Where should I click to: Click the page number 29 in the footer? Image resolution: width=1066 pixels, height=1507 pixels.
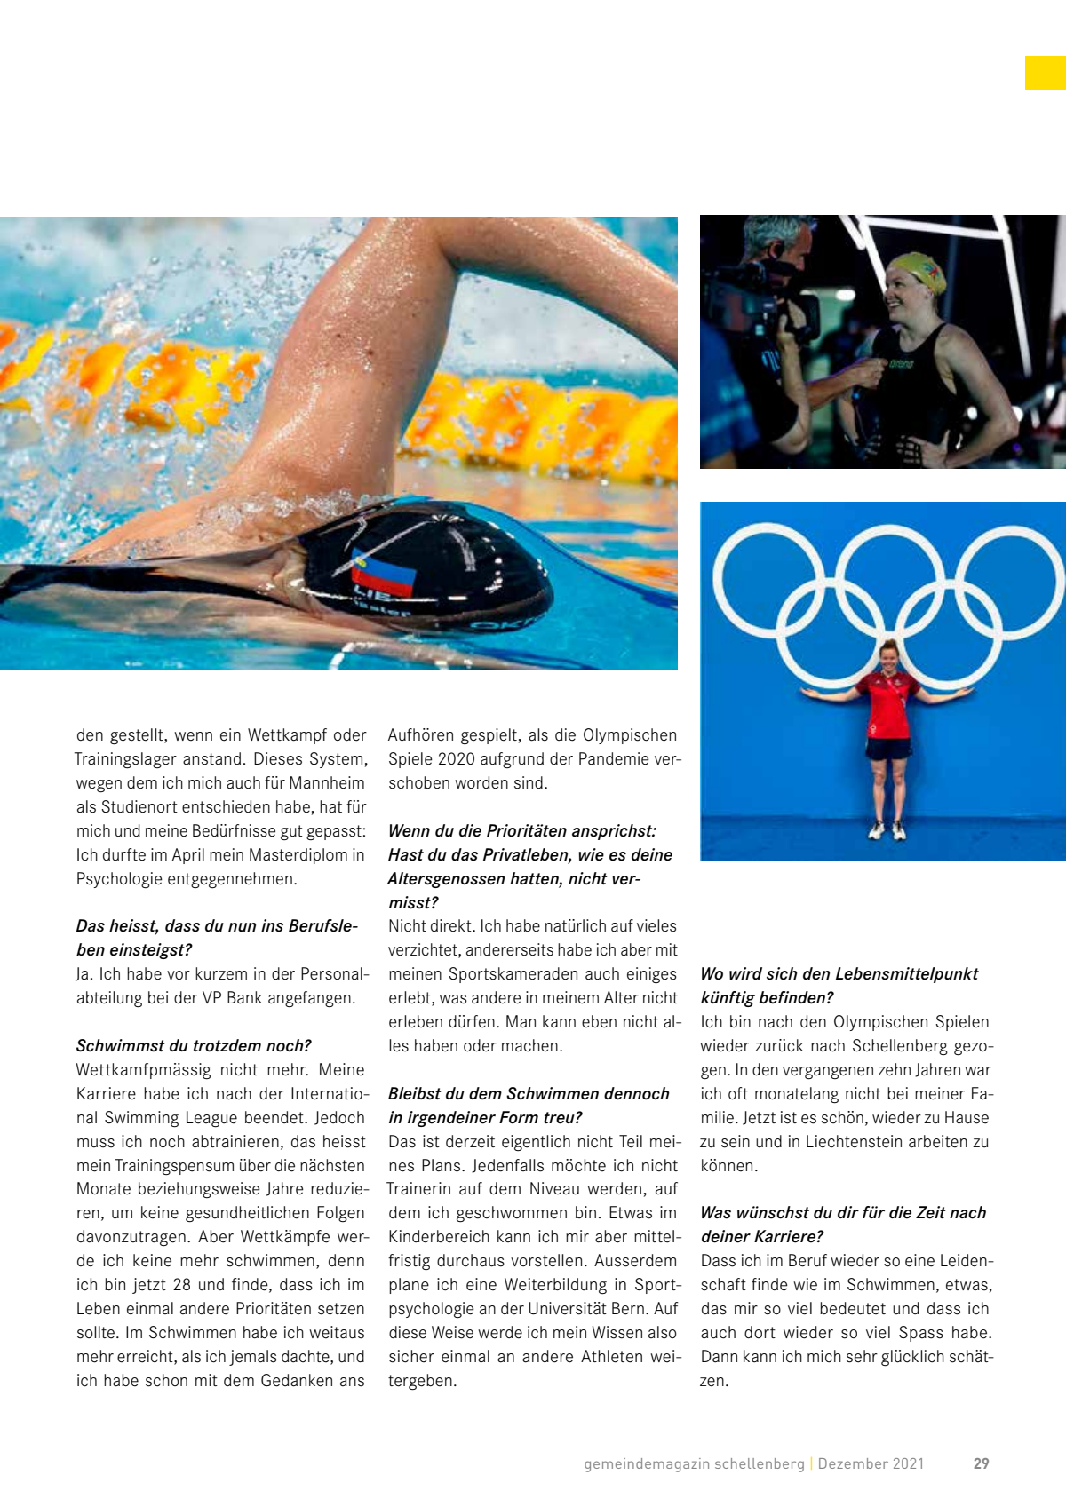981,1463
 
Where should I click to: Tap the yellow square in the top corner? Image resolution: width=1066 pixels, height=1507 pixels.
1045,73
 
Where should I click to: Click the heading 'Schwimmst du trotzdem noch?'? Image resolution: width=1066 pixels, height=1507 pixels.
194,1046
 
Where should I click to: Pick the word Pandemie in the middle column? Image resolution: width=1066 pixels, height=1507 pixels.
624,759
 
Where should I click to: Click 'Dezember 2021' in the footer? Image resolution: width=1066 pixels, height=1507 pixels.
871,1463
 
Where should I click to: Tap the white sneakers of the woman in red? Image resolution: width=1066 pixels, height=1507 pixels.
887,833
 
